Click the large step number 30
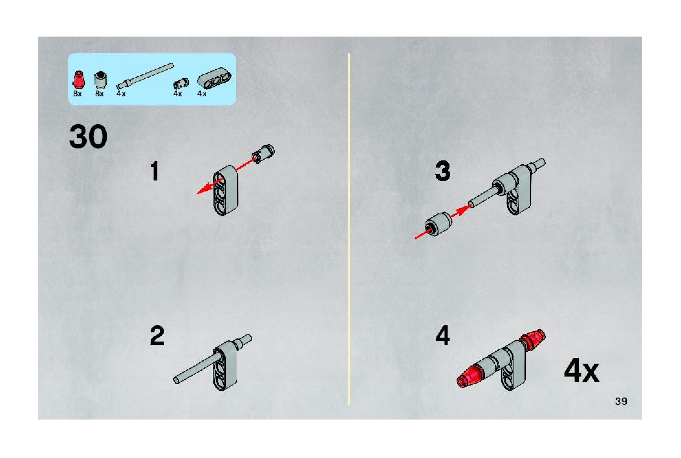point(88,137)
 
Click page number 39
point(621,401)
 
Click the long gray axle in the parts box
point(145,76)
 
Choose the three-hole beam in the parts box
point(215,78)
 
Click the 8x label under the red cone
point(78,94)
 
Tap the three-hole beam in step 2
point(225,365)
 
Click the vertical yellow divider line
point(349,229)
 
